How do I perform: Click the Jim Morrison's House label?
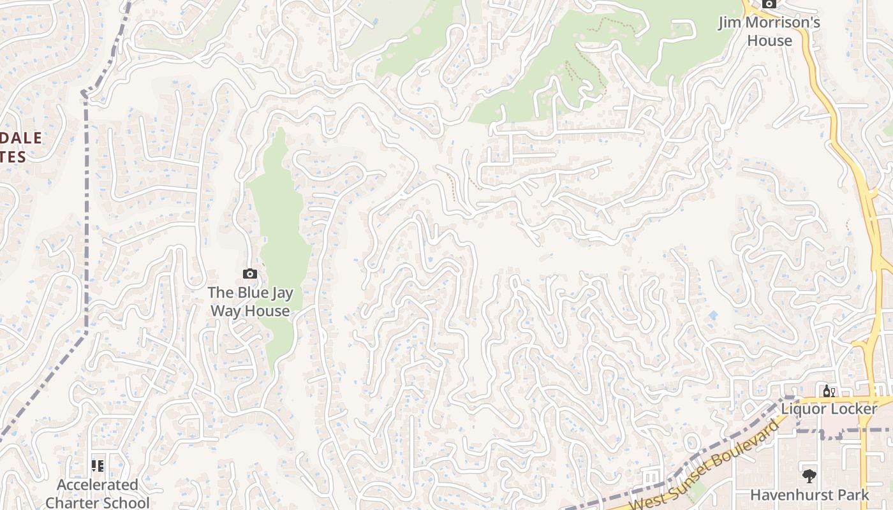pyautogui.click(x=769, y=31)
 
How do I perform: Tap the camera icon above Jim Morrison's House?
pyautogui.click(x=769, y=4)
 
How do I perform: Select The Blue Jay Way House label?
pyautogui.click(x=250, y=302)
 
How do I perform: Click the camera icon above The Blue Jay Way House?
pyautogui.click(x=250, y=274)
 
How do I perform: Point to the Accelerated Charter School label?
pyautogui.click(x=98, y=493)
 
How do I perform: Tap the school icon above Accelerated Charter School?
pyautogui.click(x=98, y=465)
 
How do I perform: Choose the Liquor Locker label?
pyautogui.click(x=829, y=409)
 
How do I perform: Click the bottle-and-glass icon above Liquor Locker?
pyautogui.click(x=829, y=391)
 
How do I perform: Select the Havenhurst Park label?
pyautogui.click(x=809, y=495)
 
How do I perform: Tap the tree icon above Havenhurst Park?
pyautogui.click(x=809, y=476)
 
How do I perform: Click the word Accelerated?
pyautogui.click(x=98, y=485)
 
